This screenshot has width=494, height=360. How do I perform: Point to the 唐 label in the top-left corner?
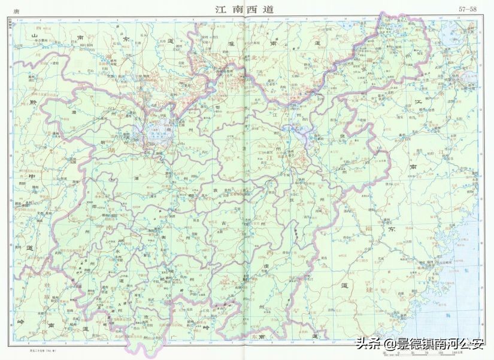pos(23,10)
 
